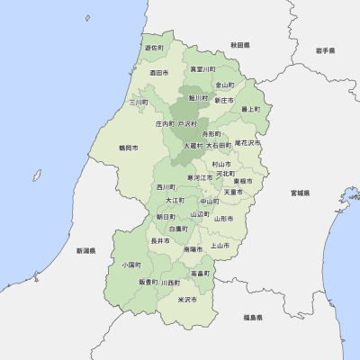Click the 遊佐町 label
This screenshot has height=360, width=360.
point(154,48)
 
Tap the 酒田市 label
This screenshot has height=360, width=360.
point(159,72)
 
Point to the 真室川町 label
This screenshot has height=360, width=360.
point(202,69)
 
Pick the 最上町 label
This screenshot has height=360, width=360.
point(250,109)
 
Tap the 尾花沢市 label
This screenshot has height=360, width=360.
point(247,142)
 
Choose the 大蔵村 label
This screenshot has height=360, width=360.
point(193,144)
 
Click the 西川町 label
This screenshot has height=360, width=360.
point(166,187)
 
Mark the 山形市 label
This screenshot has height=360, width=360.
point(223,218)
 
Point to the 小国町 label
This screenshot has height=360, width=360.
point(131,265)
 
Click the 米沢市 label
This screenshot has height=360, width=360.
point(187,299)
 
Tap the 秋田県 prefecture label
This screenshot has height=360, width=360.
point(239,44)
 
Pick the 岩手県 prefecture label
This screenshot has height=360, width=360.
point(325,51)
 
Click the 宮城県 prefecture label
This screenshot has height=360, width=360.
point(300,193)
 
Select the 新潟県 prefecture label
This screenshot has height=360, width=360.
point(85,250)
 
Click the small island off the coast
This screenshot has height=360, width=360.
point(87,18)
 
